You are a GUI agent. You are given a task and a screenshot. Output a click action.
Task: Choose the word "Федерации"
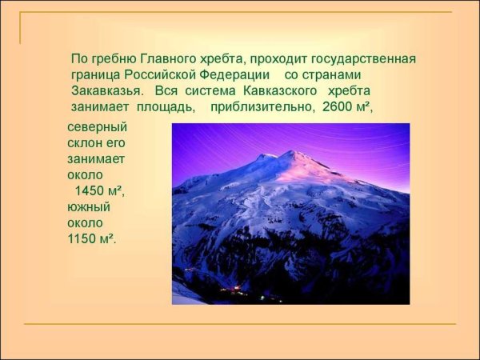(235, 74)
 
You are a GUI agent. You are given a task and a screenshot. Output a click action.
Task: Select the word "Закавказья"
(106, 90)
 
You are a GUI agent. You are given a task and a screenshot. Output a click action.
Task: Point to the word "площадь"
(165, 106)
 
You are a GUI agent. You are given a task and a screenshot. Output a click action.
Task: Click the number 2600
(337, 106)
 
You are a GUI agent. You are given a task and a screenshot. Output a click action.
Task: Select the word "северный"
(97, 127)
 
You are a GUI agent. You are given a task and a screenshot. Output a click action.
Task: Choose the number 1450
(90, 191)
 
